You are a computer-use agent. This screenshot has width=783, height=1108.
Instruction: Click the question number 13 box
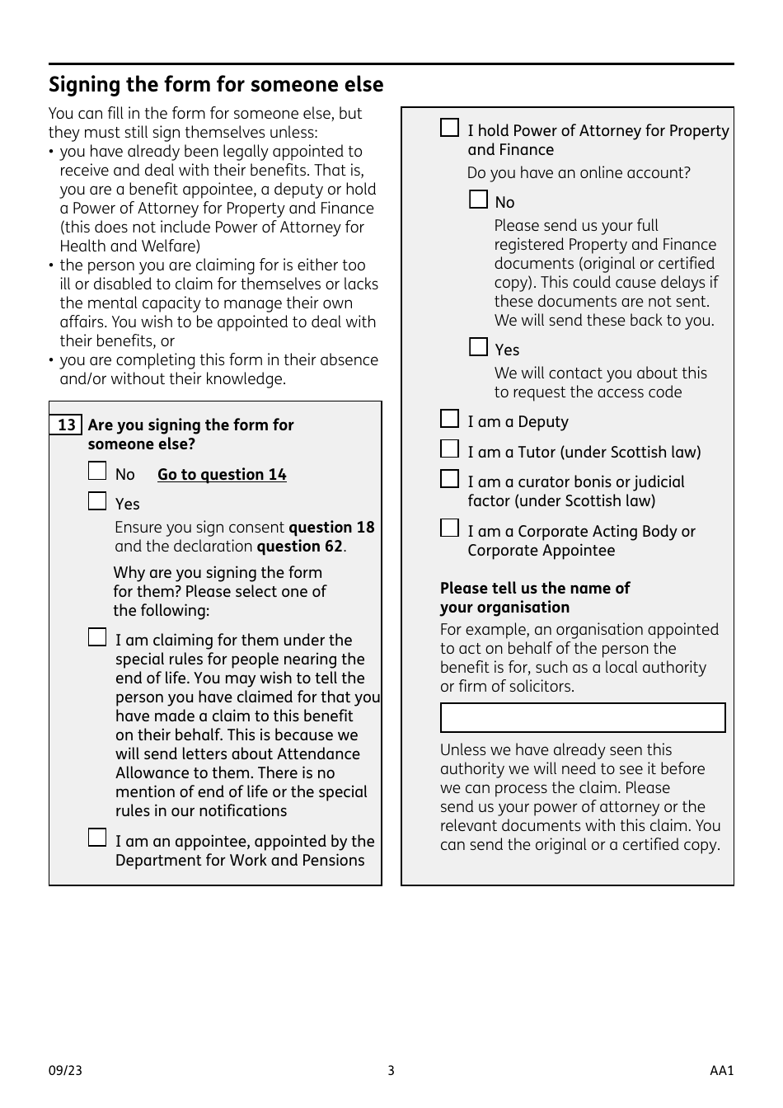66,425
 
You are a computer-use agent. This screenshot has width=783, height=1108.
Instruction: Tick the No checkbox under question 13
97,472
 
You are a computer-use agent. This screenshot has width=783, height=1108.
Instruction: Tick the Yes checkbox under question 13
97,501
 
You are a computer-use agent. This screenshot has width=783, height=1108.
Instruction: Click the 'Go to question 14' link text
222,475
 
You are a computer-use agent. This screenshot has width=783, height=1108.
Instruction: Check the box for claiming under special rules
97,637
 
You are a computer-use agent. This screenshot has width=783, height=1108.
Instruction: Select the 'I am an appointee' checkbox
97,838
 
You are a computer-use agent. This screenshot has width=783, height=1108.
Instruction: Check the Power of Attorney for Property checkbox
449,128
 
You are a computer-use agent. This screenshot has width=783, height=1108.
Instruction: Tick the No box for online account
478,200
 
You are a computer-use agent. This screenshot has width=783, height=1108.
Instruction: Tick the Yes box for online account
478,347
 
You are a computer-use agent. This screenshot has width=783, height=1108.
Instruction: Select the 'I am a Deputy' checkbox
449,420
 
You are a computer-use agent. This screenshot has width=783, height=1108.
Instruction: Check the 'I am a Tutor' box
449,449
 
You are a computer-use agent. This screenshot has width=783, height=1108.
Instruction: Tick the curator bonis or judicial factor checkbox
449,479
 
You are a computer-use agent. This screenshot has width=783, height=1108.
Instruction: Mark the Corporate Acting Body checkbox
449,528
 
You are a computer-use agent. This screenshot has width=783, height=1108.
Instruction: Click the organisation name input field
583,718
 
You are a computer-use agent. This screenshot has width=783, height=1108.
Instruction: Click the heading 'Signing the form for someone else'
216,85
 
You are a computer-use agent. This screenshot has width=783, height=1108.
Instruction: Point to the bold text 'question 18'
331,528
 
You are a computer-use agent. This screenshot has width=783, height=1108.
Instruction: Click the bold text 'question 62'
300,547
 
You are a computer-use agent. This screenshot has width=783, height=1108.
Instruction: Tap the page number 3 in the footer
391,1071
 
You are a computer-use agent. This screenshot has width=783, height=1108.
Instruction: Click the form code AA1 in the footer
721,1071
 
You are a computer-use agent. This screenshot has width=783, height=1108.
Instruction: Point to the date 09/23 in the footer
65,1071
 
